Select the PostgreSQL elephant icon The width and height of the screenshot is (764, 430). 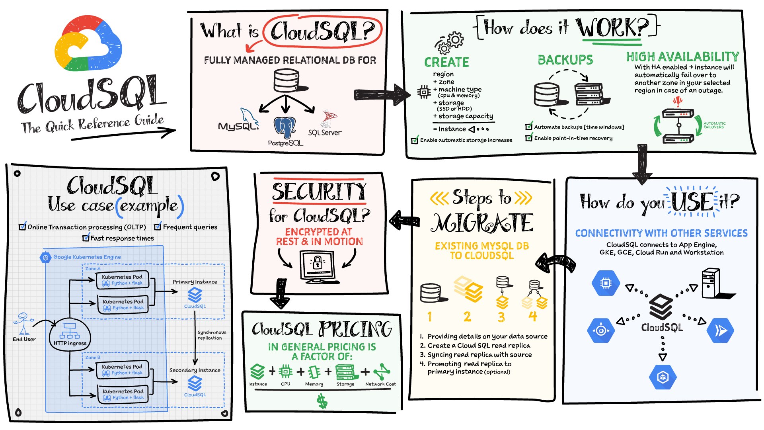tap(285, 127)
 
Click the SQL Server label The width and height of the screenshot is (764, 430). tap(325, 133)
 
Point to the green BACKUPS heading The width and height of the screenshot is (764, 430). tap(565, 60)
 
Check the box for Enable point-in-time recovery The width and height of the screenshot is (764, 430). tap(529, 138)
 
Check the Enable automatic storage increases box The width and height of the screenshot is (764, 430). tap(415, 140)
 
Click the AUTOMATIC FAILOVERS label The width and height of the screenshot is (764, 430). tap(715, 125)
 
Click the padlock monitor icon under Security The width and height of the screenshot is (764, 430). tap(318, 266)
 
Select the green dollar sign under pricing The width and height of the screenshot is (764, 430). tap(322, 401)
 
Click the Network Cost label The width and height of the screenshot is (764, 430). tap(381, 384)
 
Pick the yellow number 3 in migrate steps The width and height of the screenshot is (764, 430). tap(501, 317)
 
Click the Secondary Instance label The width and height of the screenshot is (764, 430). tap(195, 370)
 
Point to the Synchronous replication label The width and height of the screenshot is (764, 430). tap(212, 335)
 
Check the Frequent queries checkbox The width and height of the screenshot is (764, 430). tap(158, 227)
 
